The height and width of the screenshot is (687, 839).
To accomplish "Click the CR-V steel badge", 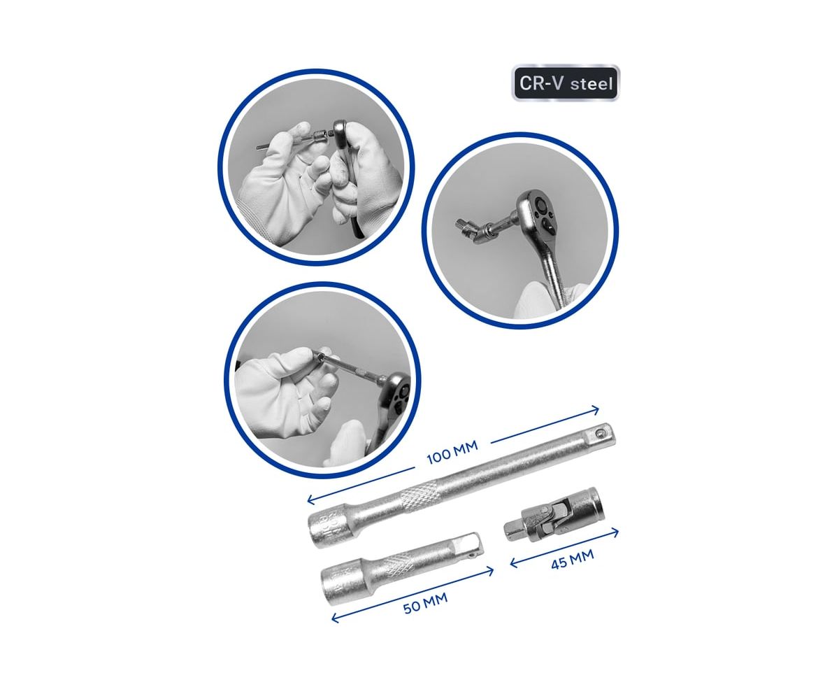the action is pos(565,83).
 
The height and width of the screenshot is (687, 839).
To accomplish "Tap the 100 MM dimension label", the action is pos(452,453).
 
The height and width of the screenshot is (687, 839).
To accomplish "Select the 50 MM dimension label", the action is pos(425,603).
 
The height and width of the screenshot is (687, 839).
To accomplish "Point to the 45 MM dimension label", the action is pos(572,559).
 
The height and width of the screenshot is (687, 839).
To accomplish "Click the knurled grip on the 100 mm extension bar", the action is pos(419,497).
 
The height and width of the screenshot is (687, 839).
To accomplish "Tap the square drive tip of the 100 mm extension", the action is pos(603,433).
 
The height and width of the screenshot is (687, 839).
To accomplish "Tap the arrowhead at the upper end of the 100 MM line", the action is pos(595,410).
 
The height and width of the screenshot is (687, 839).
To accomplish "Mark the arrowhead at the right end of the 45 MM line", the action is pos(615,533).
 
